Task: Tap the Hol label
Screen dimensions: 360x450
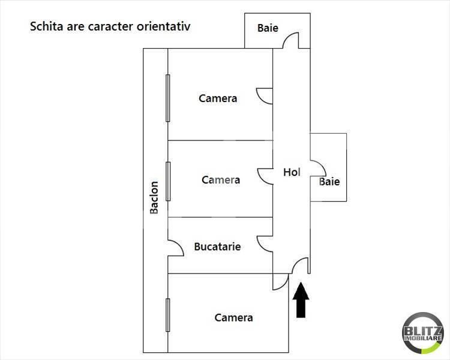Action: tap(292, 172)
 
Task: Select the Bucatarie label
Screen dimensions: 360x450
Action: tap(217, 246)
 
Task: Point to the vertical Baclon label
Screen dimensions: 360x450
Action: tap(154, 197)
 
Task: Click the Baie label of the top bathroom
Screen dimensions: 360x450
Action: tap(268, 28)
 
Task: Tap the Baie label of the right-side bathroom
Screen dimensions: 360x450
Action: tap(329, 181)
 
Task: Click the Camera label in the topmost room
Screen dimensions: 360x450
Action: tap(218, 98)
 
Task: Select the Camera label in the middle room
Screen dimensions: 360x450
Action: tap(221, 179)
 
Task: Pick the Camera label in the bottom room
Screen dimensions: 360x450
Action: tap(233, 318)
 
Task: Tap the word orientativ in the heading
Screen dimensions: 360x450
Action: tap(164, 27)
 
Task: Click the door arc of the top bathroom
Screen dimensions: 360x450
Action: tap(290, 40)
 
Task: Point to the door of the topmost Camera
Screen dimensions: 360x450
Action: tap(265, 96)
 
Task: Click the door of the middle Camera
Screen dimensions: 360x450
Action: tap(265, 176)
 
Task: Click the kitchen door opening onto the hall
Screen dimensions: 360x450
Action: tap(265, 243)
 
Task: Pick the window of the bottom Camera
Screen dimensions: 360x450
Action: tap(169, 317)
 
